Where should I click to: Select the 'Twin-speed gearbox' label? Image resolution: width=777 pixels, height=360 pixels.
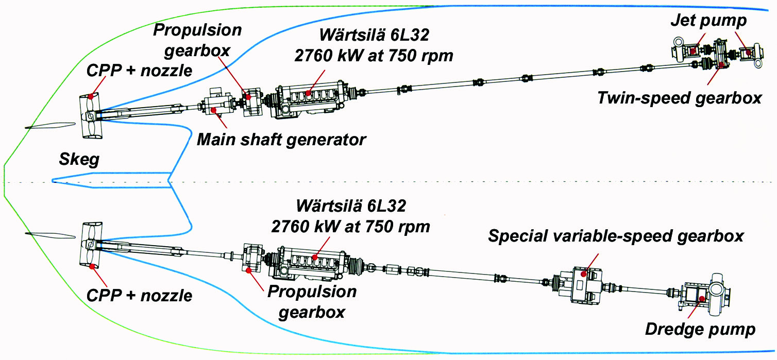point(679,98)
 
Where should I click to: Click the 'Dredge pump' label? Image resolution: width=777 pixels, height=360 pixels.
point(700,329)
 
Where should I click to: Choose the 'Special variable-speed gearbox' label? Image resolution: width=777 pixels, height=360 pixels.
point(616,236)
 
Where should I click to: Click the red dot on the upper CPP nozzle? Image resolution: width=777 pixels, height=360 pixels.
point(91,96)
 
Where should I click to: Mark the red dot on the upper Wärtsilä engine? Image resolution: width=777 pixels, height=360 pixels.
point(309,93)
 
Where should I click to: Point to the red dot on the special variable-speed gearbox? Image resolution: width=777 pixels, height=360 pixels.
point(584,274)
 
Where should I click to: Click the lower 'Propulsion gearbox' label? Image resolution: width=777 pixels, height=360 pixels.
point(312,301)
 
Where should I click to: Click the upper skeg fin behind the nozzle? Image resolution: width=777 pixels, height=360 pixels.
point(49,125)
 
